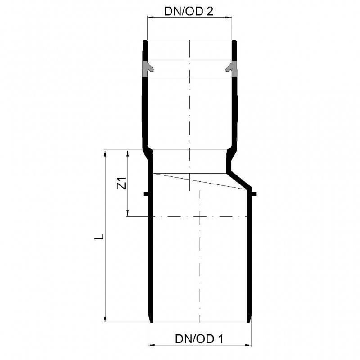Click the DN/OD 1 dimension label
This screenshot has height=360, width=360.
(199, 339)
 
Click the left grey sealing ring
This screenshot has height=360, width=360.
(148, 68)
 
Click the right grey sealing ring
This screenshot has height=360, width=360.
(232, 68)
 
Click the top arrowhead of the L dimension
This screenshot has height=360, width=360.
(106, 153)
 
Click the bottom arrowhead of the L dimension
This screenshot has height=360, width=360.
(106, 319)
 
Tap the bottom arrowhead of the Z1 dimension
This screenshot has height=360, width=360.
(128, 213)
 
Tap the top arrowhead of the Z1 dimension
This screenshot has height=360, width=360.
(128, 153)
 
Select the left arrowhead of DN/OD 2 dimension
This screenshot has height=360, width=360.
(150, 17)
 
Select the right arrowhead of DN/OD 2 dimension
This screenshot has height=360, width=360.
(230, 17)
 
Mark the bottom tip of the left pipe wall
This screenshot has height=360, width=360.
(151, 321)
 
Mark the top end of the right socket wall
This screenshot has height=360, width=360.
(234, 42)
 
